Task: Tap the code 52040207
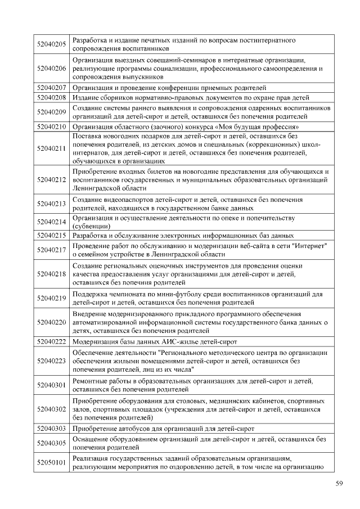tap(51, 87)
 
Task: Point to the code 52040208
tap(51, 97)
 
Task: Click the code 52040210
tap(51, 127)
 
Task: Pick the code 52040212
tap(51, 180)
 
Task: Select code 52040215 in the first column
tap(51, 235)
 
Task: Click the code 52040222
tap(51, 341)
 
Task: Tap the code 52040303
tap(51, 429)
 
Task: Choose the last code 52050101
tap(51, 462)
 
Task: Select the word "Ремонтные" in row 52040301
tap(90, 381)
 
